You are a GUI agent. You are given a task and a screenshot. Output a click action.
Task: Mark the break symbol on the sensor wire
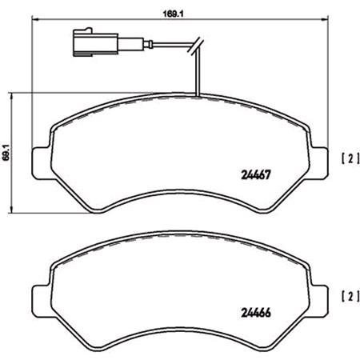(x=197, y=50)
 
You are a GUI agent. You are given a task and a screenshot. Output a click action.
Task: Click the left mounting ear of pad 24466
(x=39, y=298)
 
